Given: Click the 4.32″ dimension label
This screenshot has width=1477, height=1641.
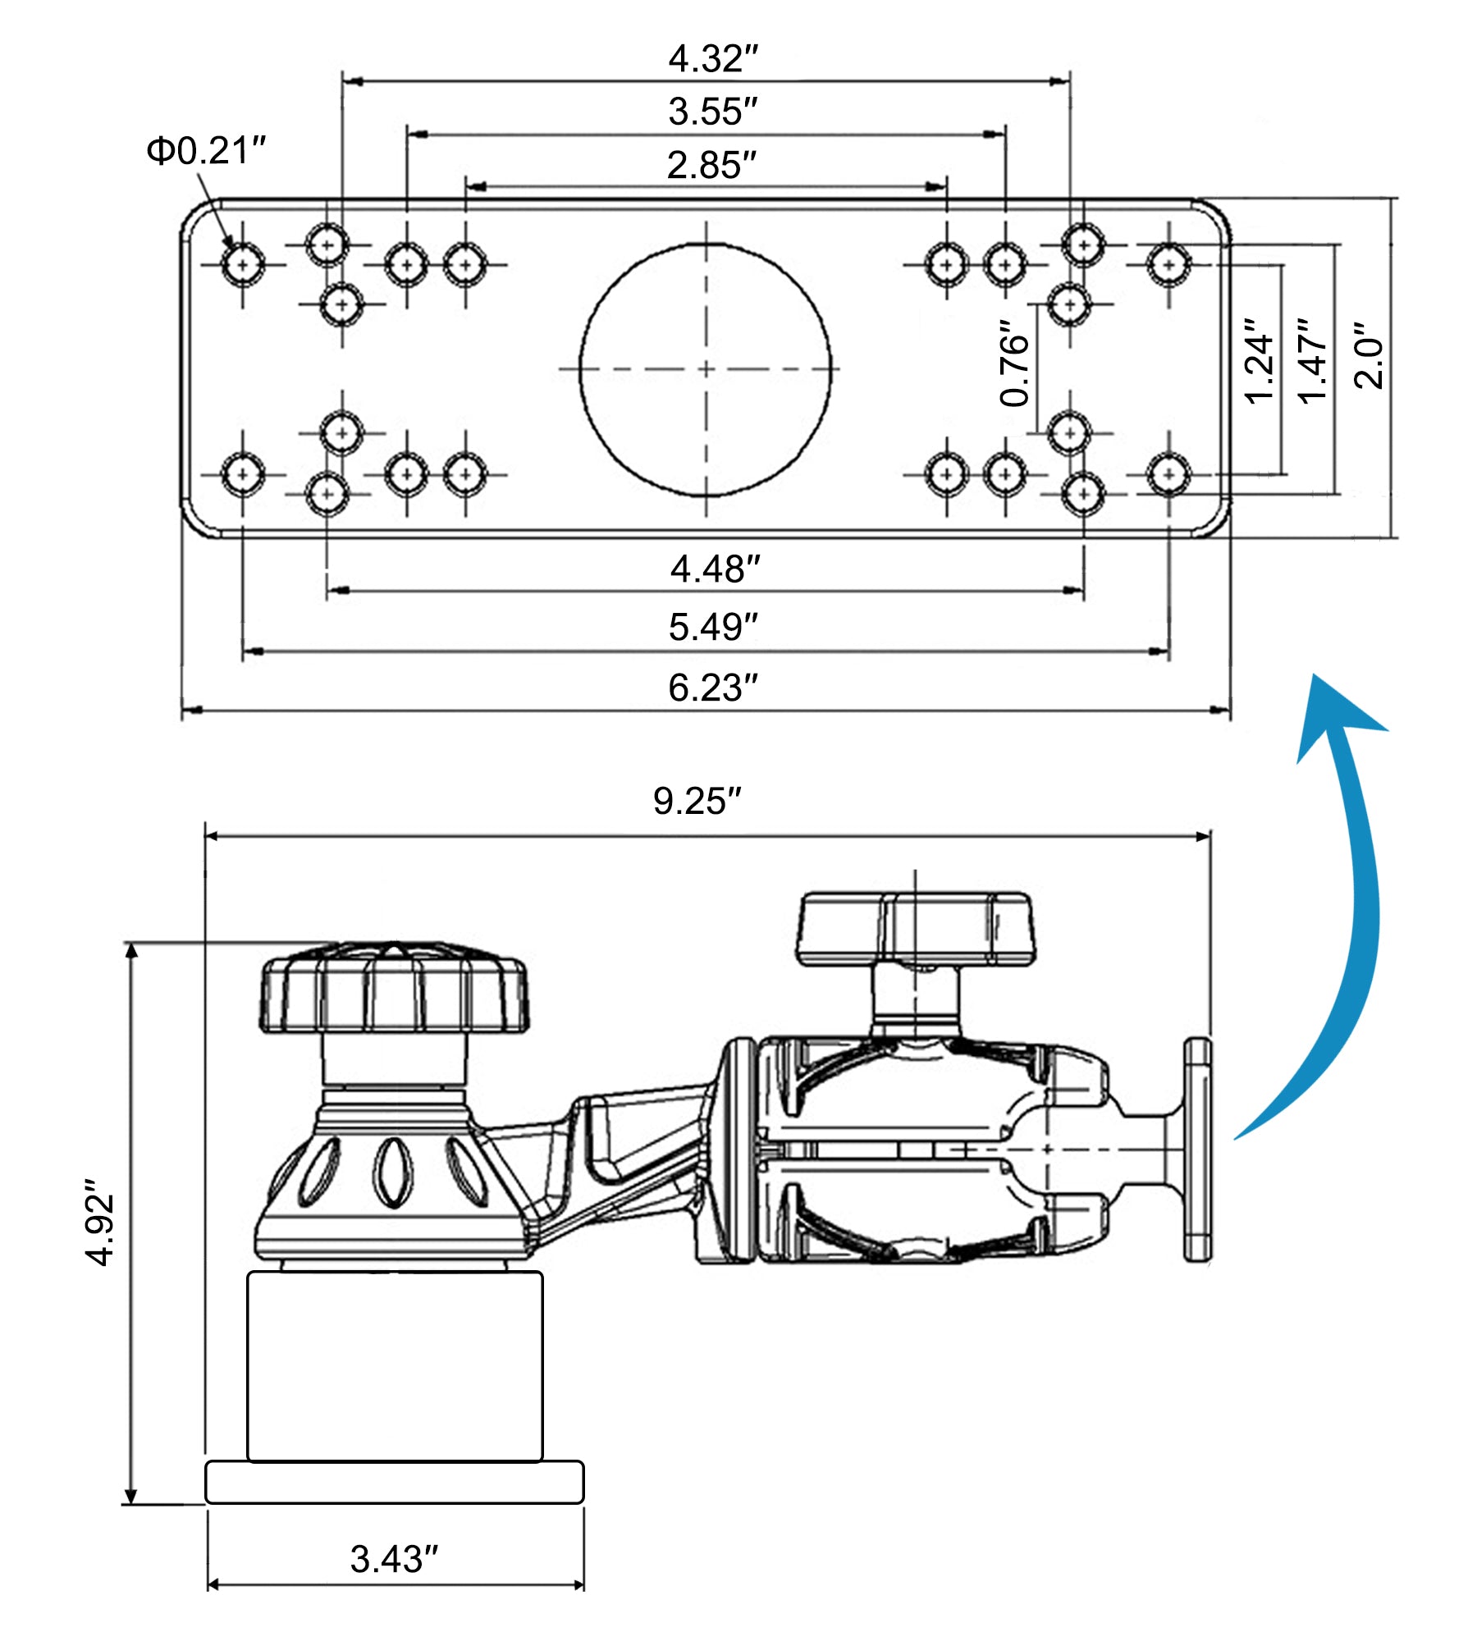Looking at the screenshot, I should pyautogui.click(x=712, y=59).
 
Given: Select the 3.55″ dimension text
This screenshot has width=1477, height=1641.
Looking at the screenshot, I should pyautogui.click(x=712, y=112).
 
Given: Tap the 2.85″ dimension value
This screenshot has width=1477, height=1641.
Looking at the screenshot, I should pyautogui.click(x=711, y=165).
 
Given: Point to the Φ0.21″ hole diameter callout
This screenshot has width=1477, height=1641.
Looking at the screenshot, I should pyautogui.click(x=206, y=151).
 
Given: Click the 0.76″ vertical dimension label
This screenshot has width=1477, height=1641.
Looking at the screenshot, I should pyautogui.click(x=1015, y=363).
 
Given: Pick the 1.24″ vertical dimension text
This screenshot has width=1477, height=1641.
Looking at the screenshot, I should pyautogui.click(x=1259, y=361).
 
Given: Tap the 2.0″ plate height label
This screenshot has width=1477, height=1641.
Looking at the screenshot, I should pyautogui.click(x=1368, y=354).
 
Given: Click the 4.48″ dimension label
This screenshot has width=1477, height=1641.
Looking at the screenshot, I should pyautogui.click(x=715, y=569).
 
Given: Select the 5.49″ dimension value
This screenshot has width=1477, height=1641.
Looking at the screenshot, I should pyautogui.click(x=712, y=627).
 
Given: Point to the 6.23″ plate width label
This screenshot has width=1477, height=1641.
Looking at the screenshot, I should pyautogui.click(x=712, y=688).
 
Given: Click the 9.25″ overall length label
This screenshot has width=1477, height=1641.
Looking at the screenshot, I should pyautogui.click(x=697, y=801).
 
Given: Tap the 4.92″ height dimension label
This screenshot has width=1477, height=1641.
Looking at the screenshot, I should pyautogui.click(x=101, y=1223).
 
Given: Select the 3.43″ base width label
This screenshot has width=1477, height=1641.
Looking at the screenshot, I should pyautogui.click(x=394, y=1559).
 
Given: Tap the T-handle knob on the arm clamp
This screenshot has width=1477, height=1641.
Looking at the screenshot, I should pyautogui.click(x=915, y=928).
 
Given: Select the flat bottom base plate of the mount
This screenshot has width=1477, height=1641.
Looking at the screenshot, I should pyautogui.click(x=394, y=1482).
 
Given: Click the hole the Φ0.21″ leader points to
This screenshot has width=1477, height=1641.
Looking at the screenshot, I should pyautogui.click(x=242, y=264).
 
